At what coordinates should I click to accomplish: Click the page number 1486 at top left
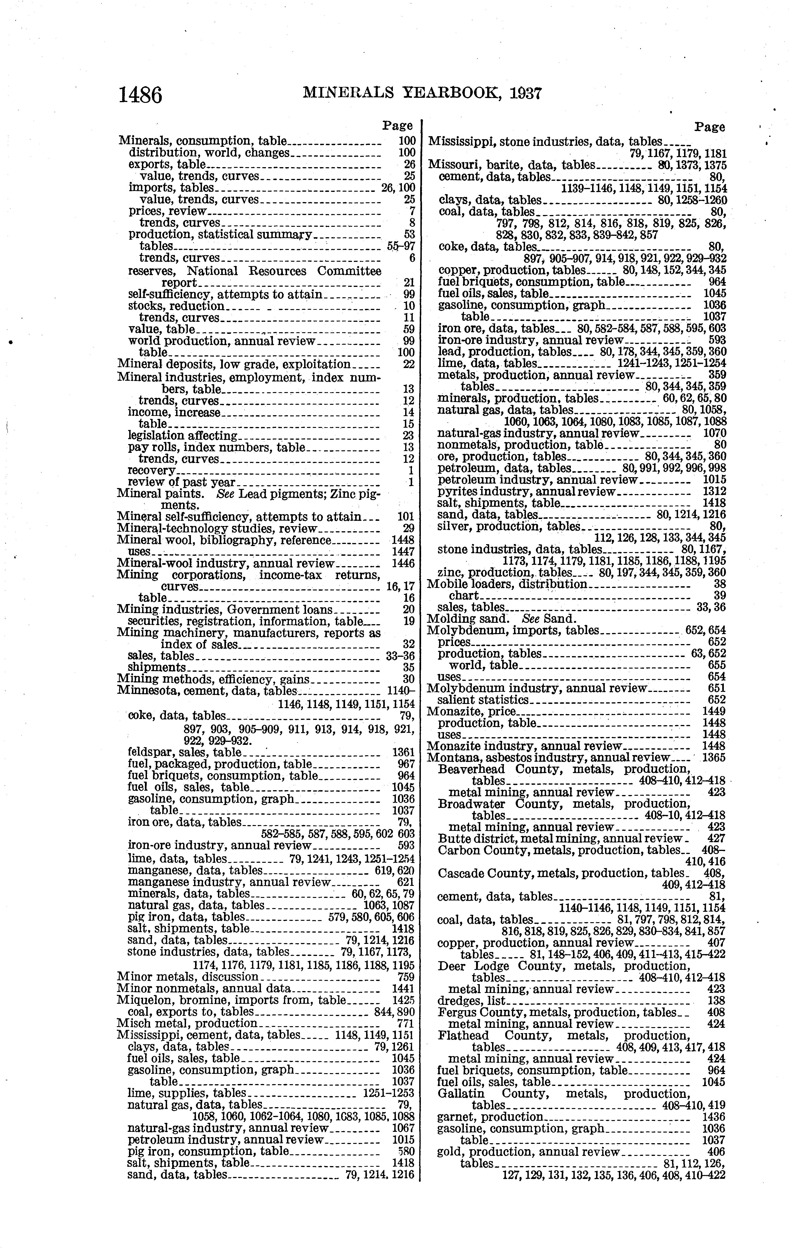(x=140, y=95)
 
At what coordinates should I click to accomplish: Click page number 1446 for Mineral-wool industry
(x=403, y=563)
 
